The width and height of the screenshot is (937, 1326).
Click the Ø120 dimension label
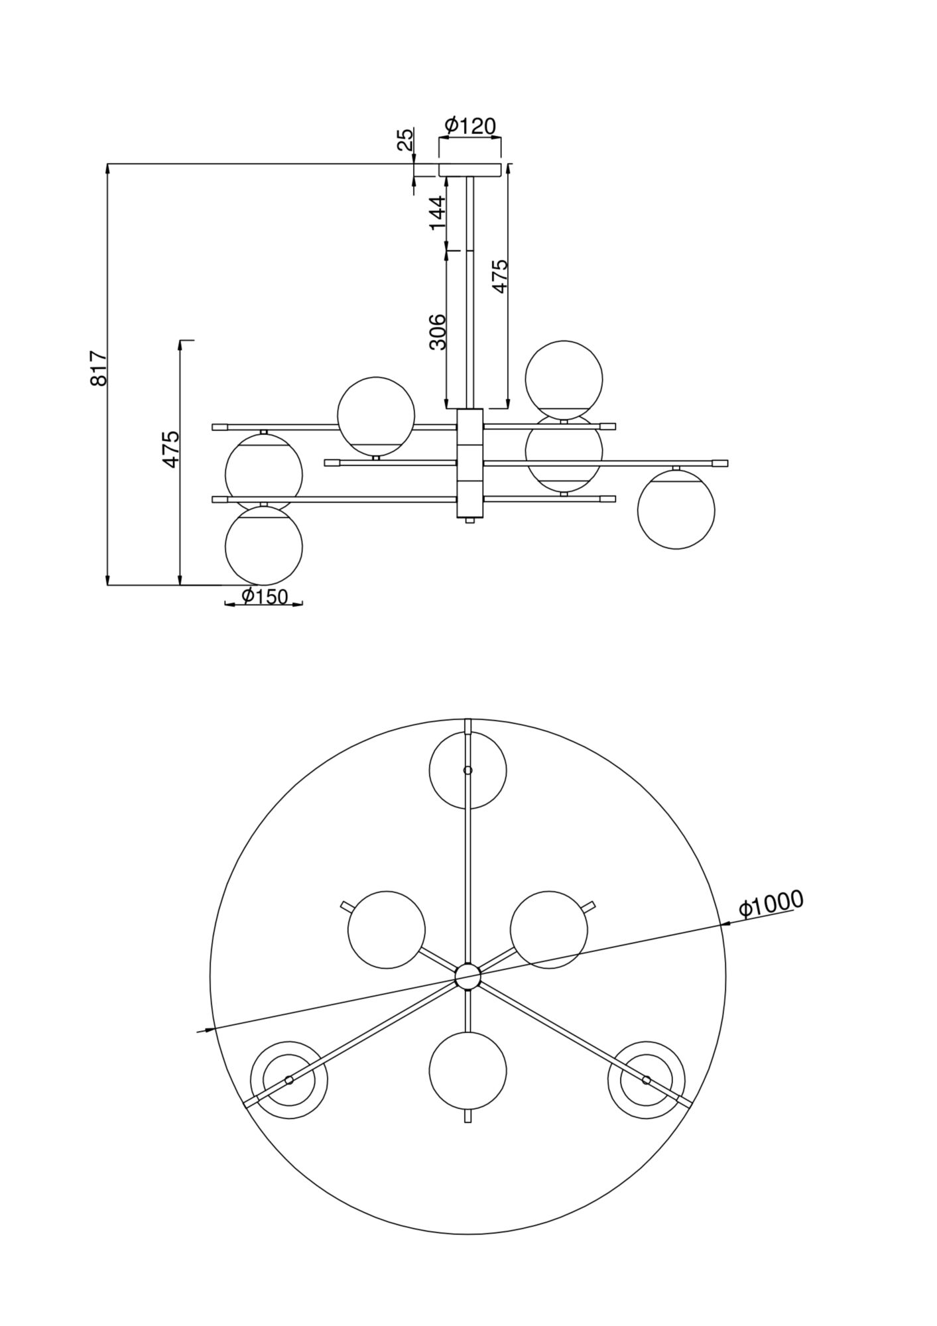tap(470, 125)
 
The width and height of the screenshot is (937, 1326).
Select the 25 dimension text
tap(405, 139)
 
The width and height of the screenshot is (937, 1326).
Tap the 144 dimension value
tap(438, 212)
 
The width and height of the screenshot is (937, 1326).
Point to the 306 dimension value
tap(438, 331)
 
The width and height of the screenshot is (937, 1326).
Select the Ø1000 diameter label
tap(771, 903)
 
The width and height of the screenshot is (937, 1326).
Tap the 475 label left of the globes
tap(171, 449)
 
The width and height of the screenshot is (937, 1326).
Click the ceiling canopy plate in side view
tap(470, 170)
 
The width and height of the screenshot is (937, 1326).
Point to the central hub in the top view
tap(468, 977)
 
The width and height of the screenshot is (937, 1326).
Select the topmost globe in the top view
tap(468, 770)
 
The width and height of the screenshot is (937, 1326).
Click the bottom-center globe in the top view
tap(468, 1071)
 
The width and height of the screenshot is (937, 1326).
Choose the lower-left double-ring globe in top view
tap(288, 1080)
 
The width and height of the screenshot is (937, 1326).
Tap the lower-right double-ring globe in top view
tap(647, 1080)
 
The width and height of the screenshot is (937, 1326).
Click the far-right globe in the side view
tap(676, 510)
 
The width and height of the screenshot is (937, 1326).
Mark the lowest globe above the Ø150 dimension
tap(264, 546)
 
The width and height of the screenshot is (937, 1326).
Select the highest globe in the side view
tap(564, 378)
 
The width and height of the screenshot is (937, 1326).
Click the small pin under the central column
tap(470, 521)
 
